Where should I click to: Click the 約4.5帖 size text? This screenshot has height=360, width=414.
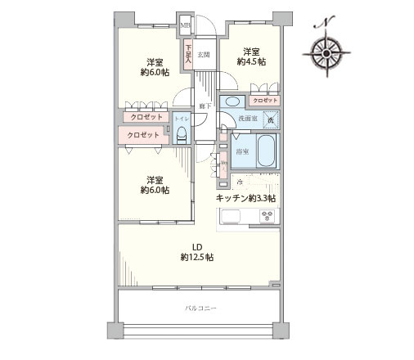click(250, 61)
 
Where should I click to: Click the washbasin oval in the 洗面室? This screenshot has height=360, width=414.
click(232, 102)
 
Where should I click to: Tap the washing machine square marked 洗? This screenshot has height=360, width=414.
click(271, 120)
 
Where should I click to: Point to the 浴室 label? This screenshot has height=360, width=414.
click(242, 151)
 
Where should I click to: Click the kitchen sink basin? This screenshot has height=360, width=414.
click(228, 216)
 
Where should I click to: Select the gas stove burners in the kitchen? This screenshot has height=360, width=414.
click(267, 216)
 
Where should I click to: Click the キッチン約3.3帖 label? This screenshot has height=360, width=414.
click(245, 198)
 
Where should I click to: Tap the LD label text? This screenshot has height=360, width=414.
click(197, 245)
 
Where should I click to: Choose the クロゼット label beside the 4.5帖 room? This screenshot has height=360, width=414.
click(265, 100)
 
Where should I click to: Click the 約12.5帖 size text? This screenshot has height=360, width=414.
click(197, 258)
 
